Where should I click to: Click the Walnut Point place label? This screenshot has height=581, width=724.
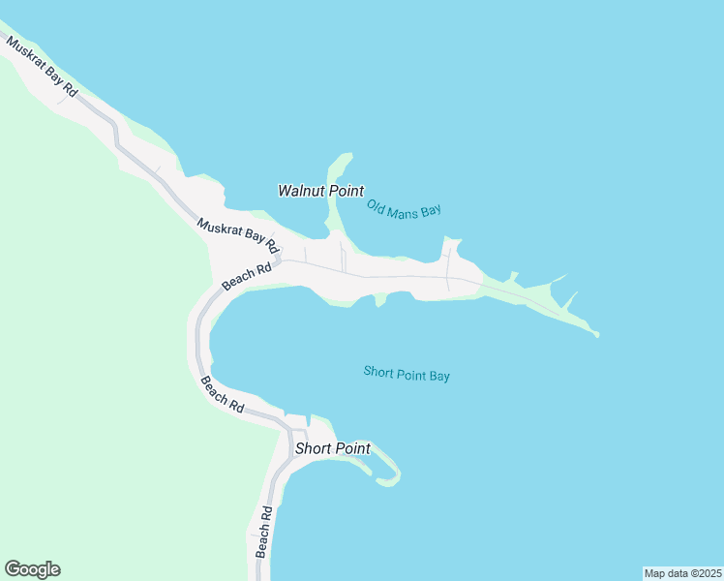pos(320,191)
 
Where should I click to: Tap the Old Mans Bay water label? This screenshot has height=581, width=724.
pos(404,208)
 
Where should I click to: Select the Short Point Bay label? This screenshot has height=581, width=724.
pos(407,374)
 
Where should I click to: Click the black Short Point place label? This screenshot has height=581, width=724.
pos(332,448)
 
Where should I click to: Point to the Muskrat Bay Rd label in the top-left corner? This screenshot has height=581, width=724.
pos(42,65)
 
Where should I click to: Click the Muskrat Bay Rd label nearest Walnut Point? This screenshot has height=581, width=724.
pos(237,236)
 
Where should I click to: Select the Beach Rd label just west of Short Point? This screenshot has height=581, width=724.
pos(222,395)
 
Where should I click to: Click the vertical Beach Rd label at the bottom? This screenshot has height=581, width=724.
pos(262,530)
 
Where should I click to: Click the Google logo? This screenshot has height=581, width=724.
pos(32,569)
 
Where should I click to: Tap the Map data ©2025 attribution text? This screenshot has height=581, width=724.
pos(683,572)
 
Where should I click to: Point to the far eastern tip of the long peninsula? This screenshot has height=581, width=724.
pos(597,335)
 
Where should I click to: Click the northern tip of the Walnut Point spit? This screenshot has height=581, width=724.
pos(346,155)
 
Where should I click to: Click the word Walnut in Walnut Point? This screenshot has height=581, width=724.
pos(301,191)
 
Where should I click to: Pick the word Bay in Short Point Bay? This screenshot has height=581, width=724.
pos(439,376)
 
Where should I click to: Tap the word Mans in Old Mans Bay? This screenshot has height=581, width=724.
pos(405,208)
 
